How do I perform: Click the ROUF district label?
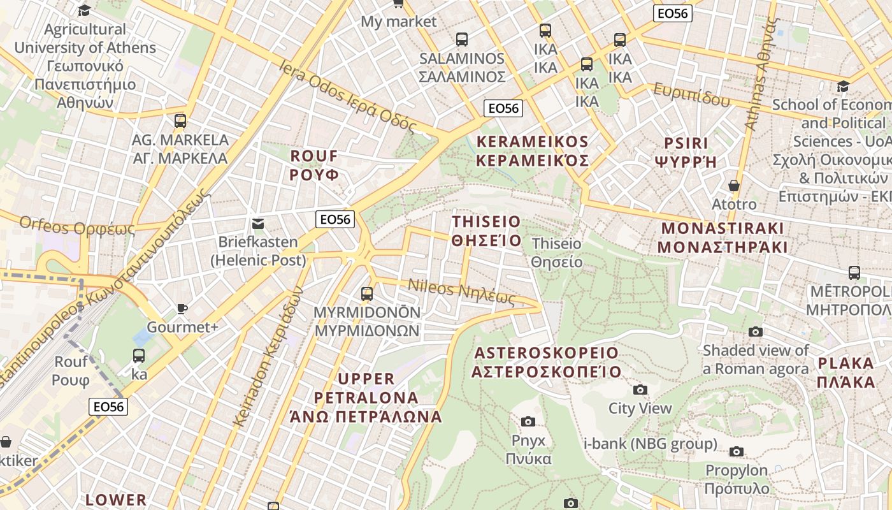(314, 165)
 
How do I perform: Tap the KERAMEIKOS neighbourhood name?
(533, 151)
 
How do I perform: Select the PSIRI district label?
(686, 152)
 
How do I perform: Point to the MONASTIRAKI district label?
(722, 238)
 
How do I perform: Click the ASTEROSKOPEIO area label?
(546, 362)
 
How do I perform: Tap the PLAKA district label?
(846, 373)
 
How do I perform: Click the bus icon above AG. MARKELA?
(180, 120)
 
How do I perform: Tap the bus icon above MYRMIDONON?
(367, 293)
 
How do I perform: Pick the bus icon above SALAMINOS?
(462, 39)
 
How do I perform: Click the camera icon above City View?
(640, 390)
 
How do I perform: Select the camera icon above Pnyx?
(528, 421)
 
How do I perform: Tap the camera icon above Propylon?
(737, 451)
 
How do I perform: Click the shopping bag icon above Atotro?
(734, 186)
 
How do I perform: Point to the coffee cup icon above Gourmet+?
(182, 309)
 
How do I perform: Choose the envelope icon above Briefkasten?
(258, 223)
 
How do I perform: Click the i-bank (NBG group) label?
(651, 444)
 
